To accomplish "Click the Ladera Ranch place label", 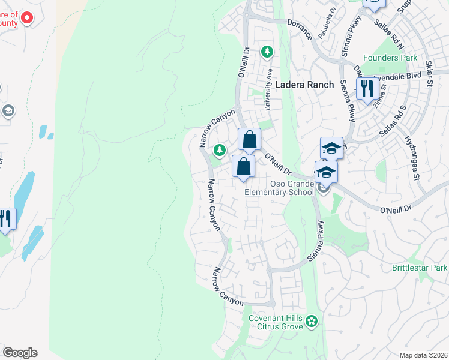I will pos(304,85).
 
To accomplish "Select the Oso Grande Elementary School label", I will pos(279,188).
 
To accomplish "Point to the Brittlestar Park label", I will pos(420,267).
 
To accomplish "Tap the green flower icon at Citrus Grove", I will pos(311,322).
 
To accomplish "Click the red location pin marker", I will pos(26,18).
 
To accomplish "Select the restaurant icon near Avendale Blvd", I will pos(366,89).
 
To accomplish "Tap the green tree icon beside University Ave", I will pos(267,52).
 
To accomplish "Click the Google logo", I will pos(20,353).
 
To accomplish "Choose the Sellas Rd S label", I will pos(393,120).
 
